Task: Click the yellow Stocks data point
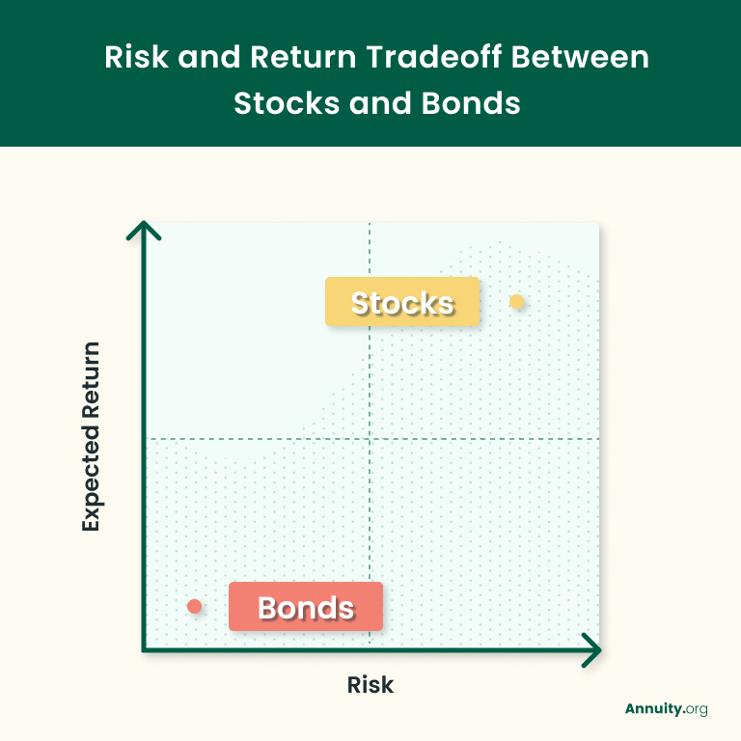(x=517, y=302)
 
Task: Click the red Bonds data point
(x=194, y=606)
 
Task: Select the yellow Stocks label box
(x=402, y=302)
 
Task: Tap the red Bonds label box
(x=306, y=607)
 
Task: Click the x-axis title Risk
(x=370, y=685)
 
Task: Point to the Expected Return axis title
(x=91, y=436)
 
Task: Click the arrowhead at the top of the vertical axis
(x=143, y=232)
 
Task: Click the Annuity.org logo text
(x=666, y=709)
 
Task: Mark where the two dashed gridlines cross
(x=370, y=439)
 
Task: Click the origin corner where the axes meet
(x=144, y=649)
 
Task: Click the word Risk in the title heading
(x=132, y=57)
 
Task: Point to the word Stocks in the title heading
(x=281, y=102)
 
